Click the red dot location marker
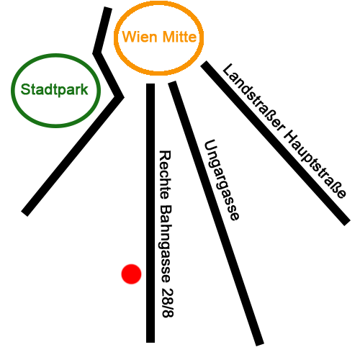(x=131, y=274)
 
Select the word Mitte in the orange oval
(x=179, y=37)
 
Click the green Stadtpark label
(x=55, y=90)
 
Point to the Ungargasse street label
(x=222, y=180)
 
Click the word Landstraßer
(x=253, y=98)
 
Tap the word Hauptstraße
(x=315, y=164)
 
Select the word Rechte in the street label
(x=165, y=175)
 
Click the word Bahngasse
(x=165, y=243)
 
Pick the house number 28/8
(x=167, y=302)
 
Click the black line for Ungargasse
(x=216, y=214)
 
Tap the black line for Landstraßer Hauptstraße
(x=276, y=143)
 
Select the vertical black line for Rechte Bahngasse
(x=150, y=213)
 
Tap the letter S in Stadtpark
(x=26, y=89)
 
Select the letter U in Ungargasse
(x=211, y=145)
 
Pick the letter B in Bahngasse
(x=166, y=210)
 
